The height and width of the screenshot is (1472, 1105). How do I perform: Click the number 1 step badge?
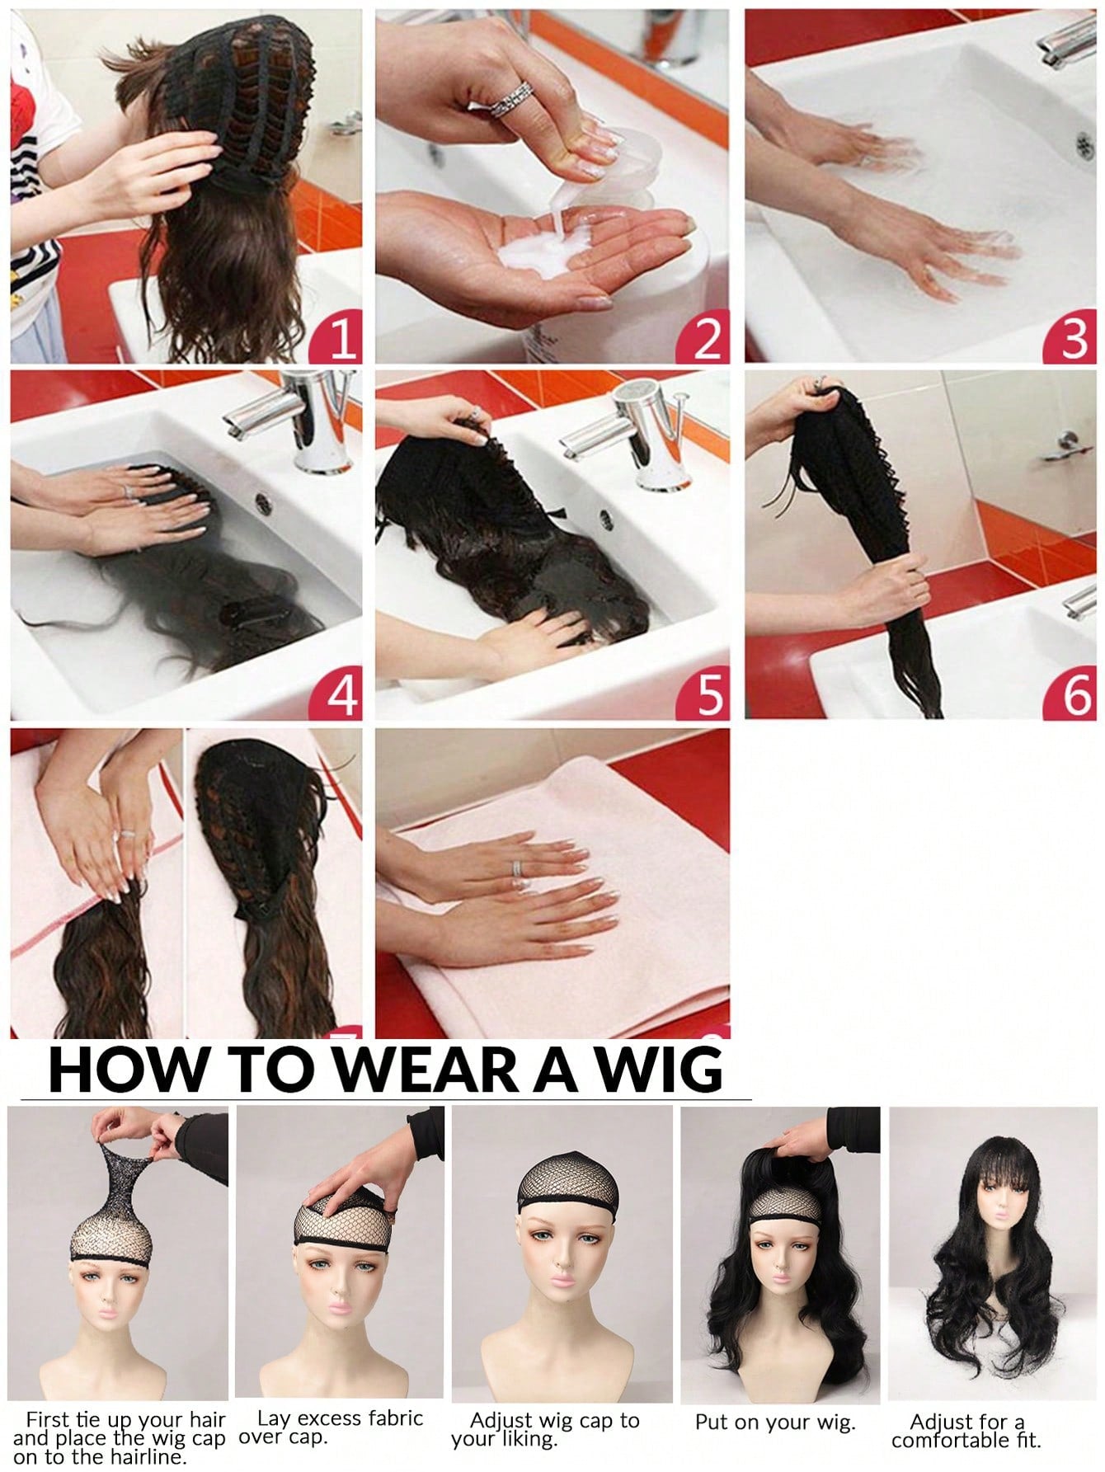coord(339,339)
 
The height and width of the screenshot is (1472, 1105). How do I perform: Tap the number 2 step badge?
coord(706,339)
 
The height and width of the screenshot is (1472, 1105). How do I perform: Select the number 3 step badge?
coord(1074,339)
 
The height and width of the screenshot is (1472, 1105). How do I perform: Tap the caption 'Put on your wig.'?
coord(774,1423)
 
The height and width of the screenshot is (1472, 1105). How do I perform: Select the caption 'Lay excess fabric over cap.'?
coord(330,1427)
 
